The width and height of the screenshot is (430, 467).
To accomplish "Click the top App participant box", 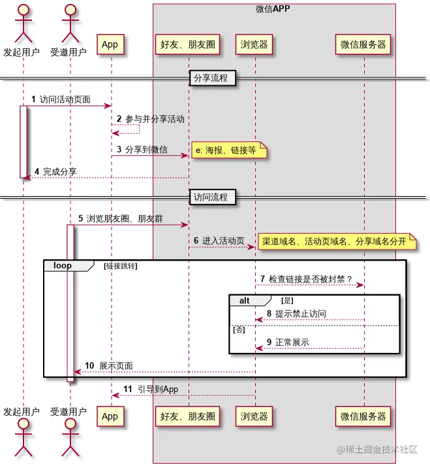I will tap(110, 44).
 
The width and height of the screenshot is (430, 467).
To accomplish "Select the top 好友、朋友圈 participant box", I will tap(189, 44).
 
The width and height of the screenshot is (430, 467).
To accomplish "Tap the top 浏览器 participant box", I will tap(254, 44).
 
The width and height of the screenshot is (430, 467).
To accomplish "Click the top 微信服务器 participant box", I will tap(364, 44).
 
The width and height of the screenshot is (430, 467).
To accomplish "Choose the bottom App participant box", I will tap(110, 416).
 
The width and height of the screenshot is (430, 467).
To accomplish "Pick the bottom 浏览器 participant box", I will tap(254, 416).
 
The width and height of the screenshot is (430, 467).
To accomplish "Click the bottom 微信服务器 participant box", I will tap(364, 416).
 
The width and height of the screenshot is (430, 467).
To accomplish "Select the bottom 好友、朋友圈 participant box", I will tap(189, 416).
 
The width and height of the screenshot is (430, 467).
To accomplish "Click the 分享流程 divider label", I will tap(211, 78).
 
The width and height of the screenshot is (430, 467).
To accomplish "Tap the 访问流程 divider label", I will tap(211, 197).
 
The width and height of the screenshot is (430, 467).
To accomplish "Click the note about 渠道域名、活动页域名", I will tap(334, 241).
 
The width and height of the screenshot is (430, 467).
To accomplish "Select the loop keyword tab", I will tap(63, 266).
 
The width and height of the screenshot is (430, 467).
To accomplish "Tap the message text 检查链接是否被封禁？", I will tap(310, 279).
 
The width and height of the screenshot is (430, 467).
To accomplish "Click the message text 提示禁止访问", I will tap(300, 314).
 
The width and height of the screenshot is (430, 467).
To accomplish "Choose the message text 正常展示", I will tap(292, 343).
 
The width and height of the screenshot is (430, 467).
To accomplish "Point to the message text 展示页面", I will tap(116, 366).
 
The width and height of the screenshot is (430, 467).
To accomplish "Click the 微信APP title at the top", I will tap(273, 8).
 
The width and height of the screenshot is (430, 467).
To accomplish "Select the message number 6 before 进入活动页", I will tap(196, 241).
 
